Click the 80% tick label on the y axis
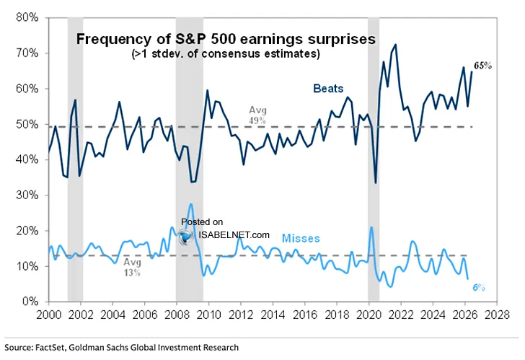(x=27, y=17)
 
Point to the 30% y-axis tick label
(x=27, y=196)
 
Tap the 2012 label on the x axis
(x=240, y=315)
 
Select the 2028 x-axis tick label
(x=497, y=315)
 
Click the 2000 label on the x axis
(x=48, y=315)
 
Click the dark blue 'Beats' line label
(x=328, y=89)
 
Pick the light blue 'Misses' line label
(x=301, y=238)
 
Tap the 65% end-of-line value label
(x=482, y=66)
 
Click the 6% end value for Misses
(x=478, y=287)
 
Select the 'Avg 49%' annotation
(x=257, y=115)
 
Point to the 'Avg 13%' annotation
(x=132, y=267)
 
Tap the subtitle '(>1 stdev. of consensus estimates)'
(x=226, y=53)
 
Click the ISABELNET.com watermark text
(x=234, y=234)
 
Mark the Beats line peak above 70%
(x=396, y=45)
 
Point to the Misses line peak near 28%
(x=191, y=203)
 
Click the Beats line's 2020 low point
(x=376, y=183)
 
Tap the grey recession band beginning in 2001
(x=75, y=159)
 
